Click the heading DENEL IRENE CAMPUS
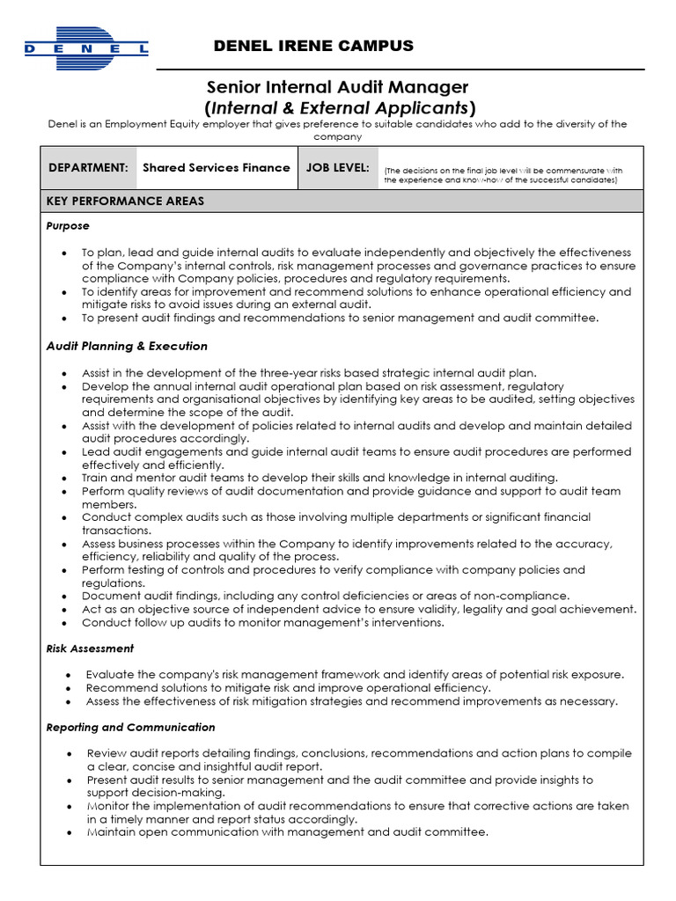click(313, 46)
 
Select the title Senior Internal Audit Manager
click(337, 87)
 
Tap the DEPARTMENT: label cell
click(88, 167)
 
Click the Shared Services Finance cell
click(216, 167)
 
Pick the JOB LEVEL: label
click(337, 167)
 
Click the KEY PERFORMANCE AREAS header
click(126, 201)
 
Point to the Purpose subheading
click(68, 226)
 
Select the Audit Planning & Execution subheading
click(127, 346)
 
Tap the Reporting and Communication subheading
click(130, 728)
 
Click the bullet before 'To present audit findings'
click(65, 319)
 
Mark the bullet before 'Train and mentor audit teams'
click(65, 479)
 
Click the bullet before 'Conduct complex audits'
click(65, 518)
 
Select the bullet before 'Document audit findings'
click(65, 597)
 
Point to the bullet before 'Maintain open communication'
click(69, 832)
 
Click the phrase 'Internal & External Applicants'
click(339, 108)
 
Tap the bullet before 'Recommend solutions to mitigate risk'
click(69, 688)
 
